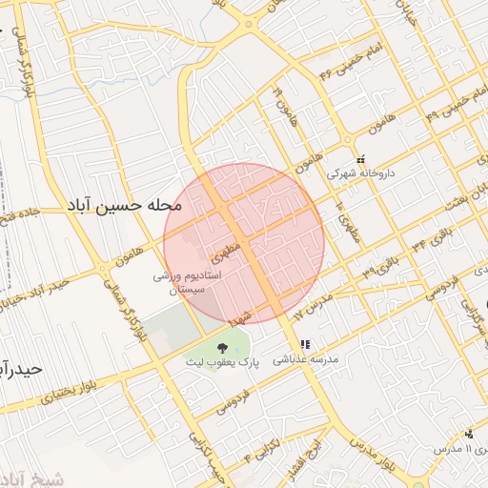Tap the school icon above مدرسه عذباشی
(305, 344)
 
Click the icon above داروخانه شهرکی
(360, 160)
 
